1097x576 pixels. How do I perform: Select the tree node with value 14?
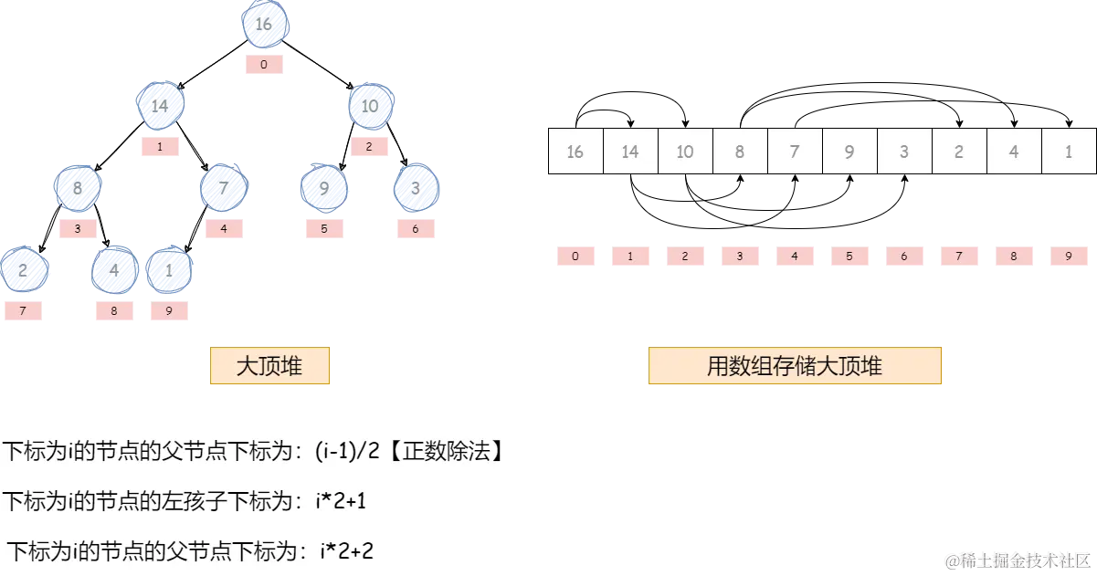tap(161, 106)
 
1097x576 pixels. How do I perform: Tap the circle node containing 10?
tap(369, 106)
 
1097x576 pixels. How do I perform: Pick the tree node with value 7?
tap(223, 189)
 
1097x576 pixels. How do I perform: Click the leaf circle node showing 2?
tap(23, 270)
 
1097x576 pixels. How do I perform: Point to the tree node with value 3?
tap(416, 189)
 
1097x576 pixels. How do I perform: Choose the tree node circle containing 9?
tap(324, 189)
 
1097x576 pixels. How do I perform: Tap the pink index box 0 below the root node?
tap(264, 65)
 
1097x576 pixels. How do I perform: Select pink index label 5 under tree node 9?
tap(323, 229)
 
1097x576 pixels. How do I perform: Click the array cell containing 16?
tap(575, 152)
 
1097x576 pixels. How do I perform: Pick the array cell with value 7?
tap(795, 152)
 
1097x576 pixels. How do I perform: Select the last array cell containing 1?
tap(1069, 152)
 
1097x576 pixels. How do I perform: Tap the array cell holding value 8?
tap(740, 152)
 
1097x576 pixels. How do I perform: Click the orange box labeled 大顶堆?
tap(269, 367)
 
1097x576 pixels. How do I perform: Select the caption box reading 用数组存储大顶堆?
tap(794, 367)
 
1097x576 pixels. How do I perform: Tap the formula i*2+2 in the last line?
tap(346, 550)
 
